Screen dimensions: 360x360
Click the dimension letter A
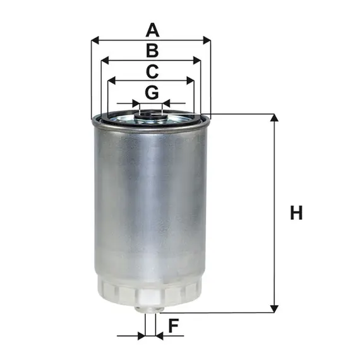point(152,30)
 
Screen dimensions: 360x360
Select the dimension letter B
point(152,51)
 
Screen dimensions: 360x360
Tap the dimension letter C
point(152,71)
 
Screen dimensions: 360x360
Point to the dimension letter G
point(152,92)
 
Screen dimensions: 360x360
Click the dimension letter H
point(296,213)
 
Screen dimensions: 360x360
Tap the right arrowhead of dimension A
point(207,40)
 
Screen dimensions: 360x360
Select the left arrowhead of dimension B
point(105,61)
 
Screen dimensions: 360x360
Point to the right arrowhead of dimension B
point(197,61)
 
